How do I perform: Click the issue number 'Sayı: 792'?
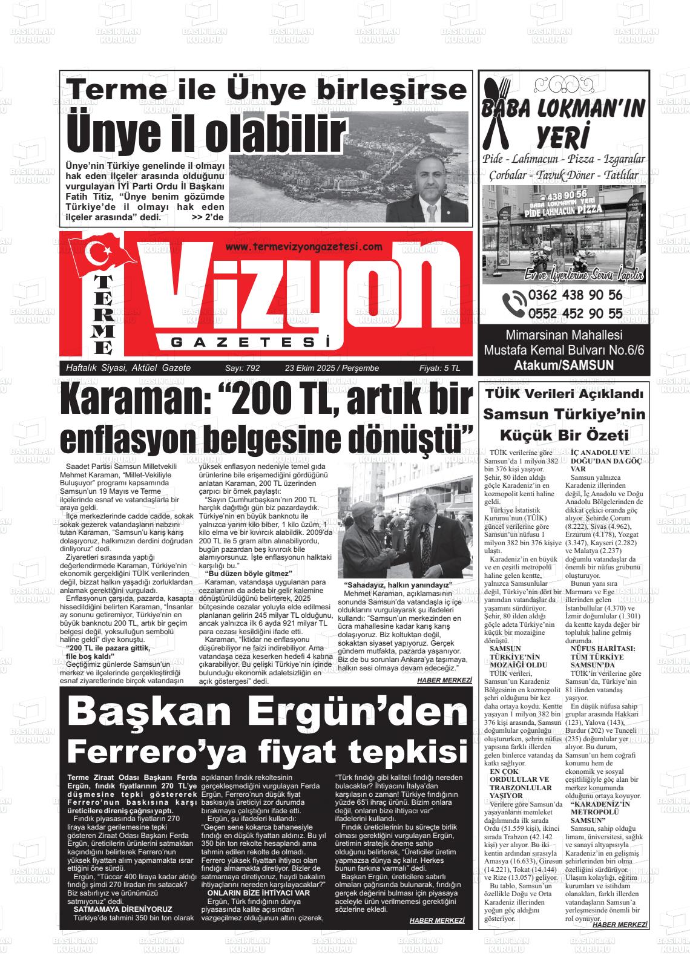pos(242,368)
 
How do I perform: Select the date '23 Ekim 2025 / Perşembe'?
pos(332,368)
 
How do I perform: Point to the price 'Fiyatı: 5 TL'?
pos(439,368)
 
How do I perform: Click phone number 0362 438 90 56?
pos(575,296)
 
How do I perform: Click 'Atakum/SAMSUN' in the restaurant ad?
pos(563,365)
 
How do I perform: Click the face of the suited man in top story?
pos(432,187)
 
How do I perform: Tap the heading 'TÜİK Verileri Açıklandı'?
pos(563,395)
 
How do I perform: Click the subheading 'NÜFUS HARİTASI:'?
pos(602,647)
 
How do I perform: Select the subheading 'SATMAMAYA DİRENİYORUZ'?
pos(123,909)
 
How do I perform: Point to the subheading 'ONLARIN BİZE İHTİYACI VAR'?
pos(258,892)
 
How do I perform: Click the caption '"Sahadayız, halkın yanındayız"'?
pos(399,585)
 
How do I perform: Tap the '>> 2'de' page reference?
pos(208,217)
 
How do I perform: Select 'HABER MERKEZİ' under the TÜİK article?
pos(620,925)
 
